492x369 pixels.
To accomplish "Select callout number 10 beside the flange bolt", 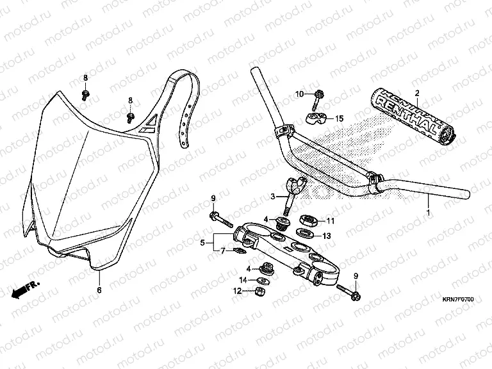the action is [x=299, y=95].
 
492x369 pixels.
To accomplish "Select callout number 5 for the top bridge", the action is [x=202, y=243].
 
